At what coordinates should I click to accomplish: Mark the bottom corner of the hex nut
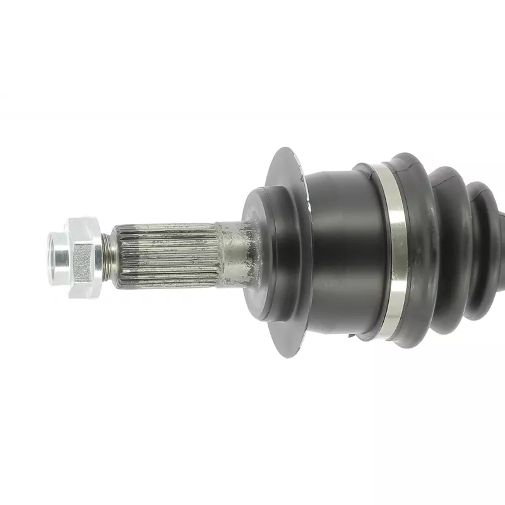pyautogui.click(x=85, y=295)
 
